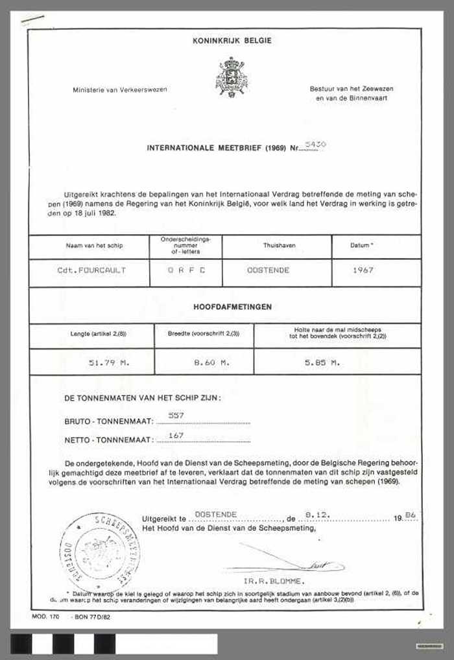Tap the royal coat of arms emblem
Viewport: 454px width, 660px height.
click(232, 77)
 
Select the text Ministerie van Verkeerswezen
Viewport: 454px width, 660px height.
click(119, 89)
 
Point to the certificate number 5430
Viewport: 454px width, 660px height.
click(315, 145)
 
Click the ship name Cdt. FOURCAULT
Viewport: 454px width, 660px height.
click(91, 270)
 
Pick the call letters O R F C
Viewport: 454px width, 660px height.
click(185, 270)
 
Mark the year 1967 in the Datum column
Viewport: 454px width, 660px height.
click(364, 270)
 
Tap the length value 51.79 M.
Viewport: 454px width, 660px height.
click(110, 363)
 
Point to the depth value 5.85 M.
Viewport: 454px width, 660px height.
click(322, 363)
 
